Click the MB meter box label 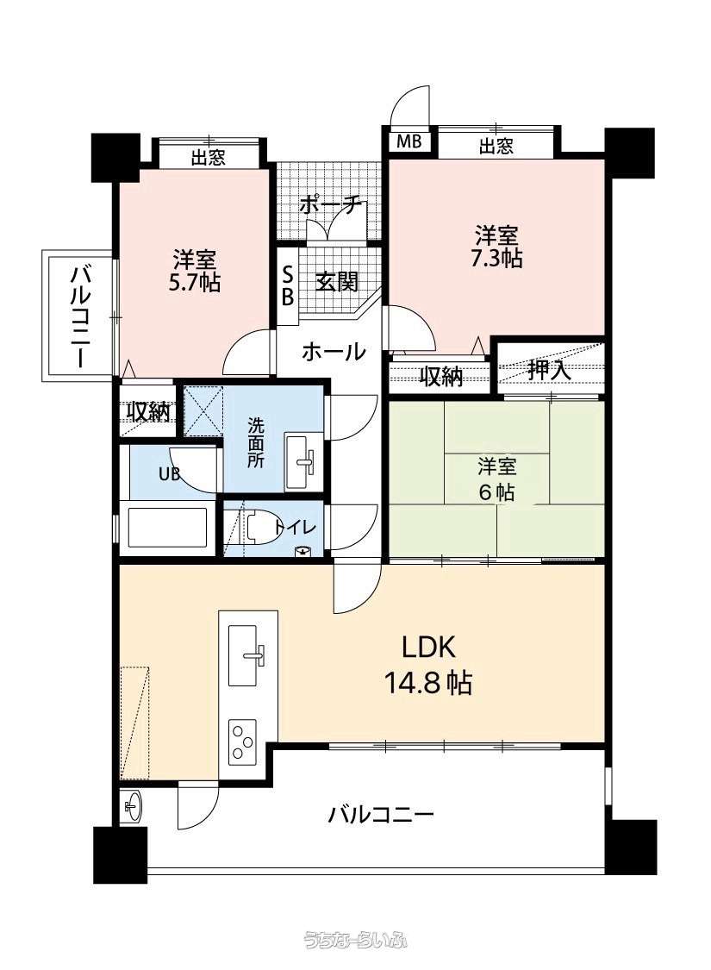[x=408, y=141]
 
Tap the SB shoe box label [x=288, y=285]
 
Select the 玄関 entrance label [x=337, y=282]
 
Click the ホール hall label [x=334, y=352]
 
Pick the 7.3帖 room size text [x=496, y=257]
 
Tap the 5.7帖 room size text [x=195, y=282]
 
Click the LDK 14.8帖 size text [x=428, y=683]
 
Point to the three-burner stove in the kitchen [x=243, y=742]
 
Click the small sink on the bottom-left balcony [x=133, y=806]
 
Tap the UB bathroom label [x=170, y=474]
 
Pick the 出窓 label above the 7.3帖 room [x=496, y=146]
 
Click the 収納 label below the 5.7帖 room [x=148, y=410]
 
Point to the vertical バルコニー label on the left [x=80, y=316]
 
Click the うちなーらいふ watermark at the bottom [x=355, y=941]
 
